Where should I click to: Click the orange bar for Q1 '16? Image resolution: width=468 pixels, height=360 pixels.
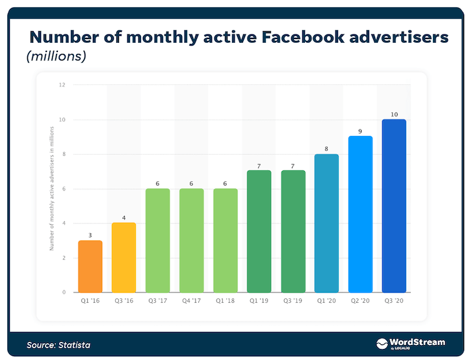click(90, 266)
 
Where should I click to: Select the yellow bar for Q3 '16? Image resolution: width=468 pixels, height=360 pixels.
click(123, 257)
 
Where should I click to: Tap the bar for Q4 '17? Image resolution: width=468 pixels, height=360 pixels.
click(191, 240)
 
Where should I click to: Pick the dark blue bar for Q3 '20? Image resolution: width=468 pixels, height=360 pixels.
click(394, 206)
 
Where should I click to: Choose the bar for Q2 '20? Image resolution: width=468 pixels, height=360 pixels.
click(360, 214)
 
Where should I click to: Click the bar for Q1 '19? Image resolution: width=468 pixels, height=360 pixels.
click(259, 231)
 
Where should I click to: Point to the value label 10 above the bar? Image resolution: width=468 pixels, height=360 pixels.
click(394, 114)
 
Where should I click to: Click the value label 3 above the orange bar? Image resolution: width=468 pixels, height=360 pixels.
click(90, 235)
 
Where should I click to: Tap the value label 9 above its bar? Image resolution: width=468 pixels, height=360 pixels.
click(360, 131)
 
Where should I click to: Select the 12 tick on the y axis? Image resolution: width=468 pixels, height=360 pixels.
click(62, 85)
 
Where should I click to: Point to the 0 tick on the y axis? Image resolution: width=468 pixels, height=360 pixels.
click(64, 292)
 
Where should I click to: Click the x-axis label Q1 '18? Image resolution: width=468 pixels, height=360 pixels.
click(225, 302)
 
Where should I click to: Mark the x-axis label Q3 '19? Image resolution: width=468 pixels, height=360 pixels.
click(292, 302)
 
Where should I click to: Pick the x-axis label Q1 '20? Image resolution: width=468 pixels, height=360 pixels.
click(326, 302)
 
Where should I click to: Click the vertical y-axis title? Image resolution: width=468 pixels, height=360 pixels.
click(51, 188)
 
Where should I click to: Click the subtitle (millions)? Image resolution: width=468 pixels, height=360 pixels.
click(57, 57)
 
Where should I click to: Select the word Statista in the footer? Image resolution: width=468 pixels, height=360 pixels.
click(74, 344)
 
